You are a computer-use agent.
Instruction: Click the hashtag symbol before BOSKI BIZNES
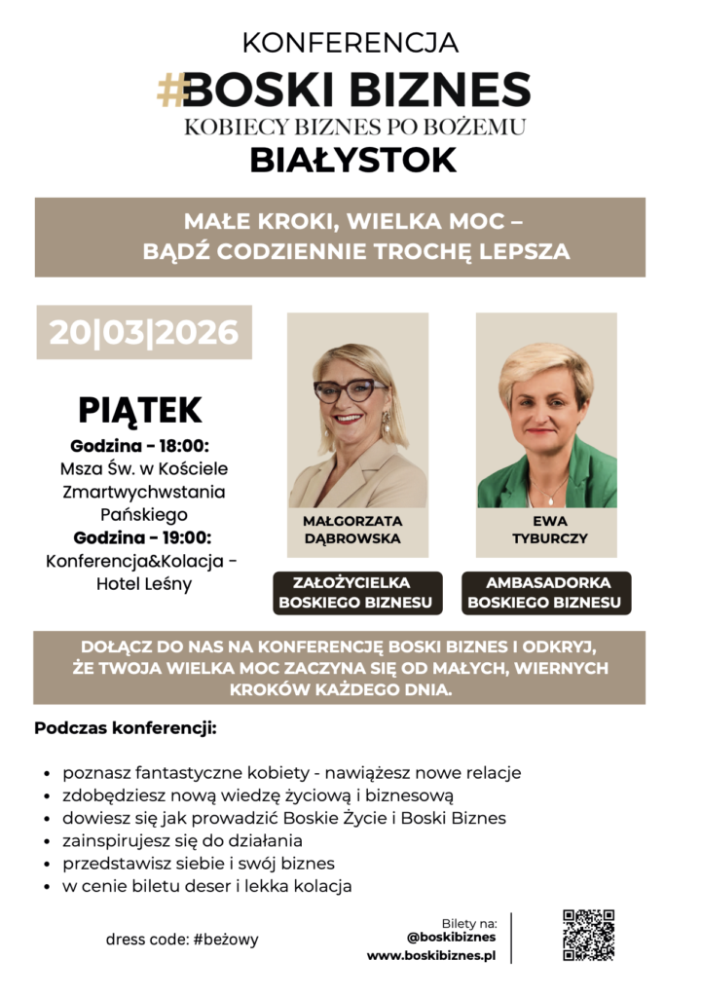171,90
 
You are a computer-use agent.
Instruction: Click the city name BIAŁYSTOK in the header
352,159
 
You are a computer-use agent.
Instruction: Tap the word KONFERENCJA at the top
351,43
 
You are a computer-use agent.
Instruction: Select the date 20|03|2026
144,333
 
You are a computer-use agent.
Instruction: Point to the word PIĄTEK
140,410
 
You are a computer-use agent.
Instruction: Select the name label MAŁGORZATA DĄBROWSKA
351,530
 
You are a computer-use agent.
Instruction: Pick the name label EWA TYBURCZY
550,530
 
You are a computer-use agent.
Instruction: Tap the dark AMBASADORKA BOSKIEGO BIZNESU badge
544,593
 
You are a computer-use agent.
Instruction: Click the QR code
588,935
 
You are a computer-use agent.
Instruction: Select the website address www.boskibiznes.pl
431,956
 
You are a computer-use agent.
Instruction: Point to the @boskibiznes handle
451,938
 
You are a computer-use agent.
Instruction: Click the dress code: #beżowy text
182,941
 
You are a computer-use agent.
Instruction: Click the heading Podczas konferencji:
125,728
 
